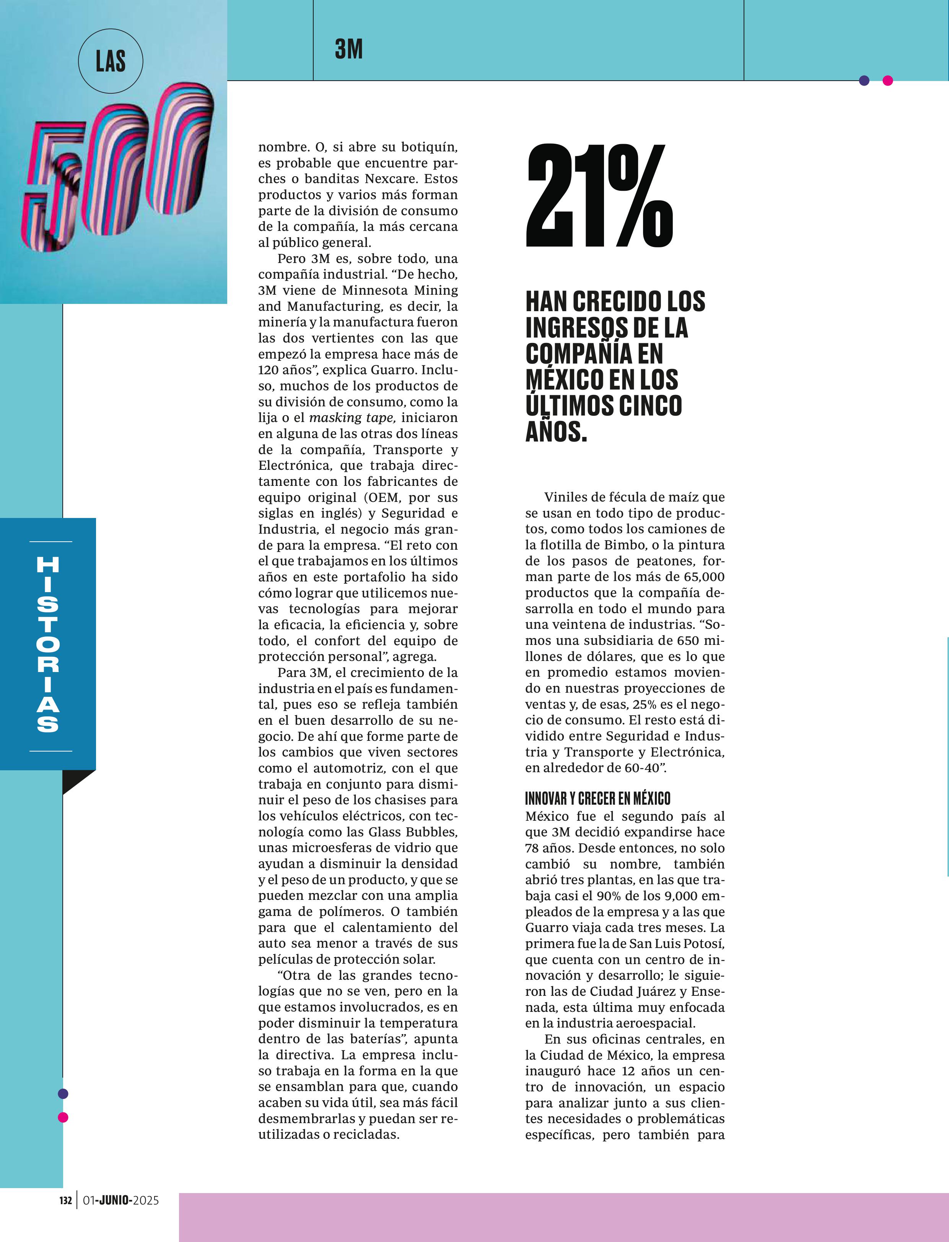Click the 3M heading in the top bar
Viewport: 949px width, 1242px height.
click(x=348, y=50)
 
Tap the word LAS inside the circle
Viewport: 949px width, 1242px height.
click(x=110, y=61)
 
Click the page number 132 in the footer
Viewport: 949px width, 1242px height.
click(x=65, y=1200)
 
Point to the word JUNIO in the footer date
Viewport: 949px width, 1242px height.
click(x=116, y=1200)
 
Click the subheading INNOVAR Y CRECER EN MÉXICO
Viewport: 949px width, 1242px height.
click(x=597, y=798)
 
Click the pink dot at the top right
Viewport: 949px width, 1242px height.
click(x=887, y=81)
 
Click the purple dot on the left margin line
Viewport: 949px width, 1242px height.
click(x=63, y=1094)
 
